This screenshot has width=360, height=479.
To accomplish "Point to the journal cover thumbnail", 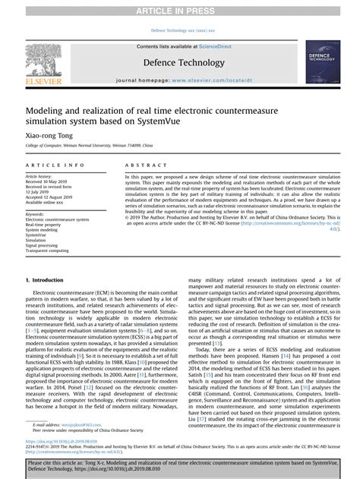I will click(x=322, y=61).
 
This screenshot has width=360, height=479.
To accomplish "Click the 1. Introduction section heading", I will click(x=49, y=280).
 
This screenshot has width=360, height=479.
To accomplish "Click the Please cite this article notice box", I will click(x=179, y=465).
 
